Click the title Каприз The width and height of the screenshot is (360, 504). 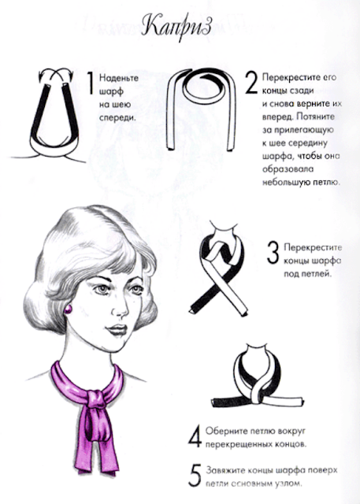(176, 27)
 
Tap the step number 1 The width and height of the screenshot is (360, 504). (91, 83)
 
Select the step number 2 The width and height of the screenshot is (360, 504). (251, 83)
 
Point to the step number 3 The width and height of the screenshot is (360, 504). (273, 253)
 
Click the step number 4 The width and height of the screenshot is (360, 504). (195, 436)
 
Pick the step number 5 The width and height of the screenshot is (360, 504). (195, 475)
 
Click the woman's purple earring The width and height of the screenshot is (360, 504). (69, 309)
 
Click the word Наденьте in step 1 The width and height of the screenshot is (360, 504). (119, 78)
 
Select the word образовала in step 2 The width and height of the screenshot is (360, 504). (284, 169)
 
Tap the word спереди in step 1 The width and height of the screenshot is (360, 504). (117, 118)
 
